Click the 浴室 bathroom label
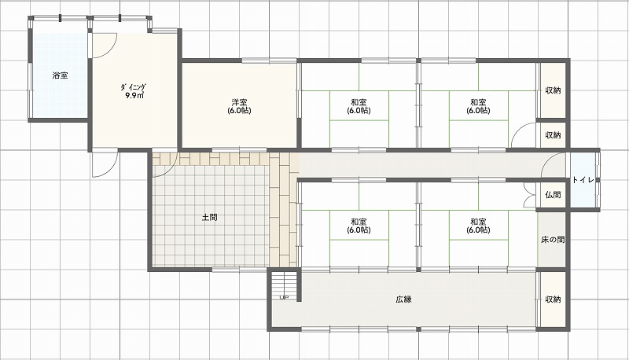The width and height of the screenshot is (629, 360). tap(60, 75)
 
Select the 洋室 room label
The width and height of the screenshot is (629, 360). tap(239, 102)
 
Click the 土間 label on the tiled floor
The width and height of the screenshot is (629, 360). tap(209, 218)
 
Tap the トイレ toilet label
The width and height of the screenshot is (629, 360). tap(583, 180)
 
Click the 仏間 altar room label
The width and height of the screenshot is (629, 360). tap(553, 195)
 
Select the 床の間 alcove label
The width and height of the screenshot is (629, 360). tap(553, 240)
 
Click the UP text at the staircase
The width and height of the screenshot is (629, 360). tap(284, 297)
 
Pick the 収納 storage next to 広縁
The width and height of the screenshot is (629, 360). tap(553, 299)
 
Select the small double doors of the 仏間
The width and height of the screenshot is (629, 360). tap(530, 194)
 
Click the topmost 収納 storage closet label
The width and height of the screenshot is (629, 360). tap(553, 90)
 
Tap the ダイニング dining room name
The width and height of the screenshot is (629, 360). tap(133, 87)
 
